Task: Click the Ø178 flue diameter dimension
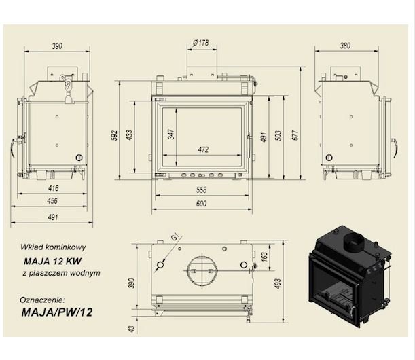tap(201, 43)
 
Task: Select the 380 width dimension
tap(345, 46)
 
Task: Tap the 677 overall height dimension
tap(295, 135)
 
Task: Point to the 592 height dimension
tap(114, 135)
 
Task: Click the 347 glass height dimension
tap(171, 134)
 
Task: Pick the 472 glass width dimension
tap(203, 149)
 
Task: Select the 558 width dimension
tap(202, 190)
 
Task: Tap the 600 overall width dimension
tap(202, 204)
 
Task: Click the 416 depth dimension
tap(53, 188)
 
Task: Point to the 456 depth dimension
tap(52, 200)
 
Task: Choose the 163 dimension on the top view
tap(264, 256)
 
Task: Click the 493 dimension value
tap(278, 283)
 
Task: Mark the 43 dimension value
tap(131, 329)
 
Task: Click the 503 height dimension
tap(278, 136)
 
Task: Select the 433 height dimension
tap(130, 135)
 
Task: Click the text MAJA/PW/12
tap(57, 312)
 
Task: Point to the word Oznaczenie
tap(42, 300)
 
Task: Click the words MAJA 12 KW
tap(53, 262)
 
